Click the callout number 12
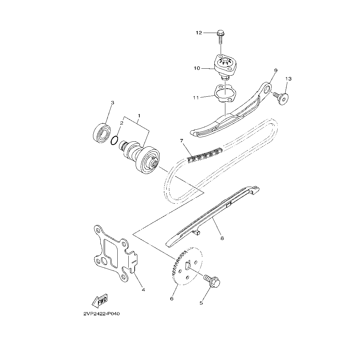pos(199,33)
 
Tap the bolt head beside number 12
pos(220,33)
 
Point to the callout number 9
pos(276,70)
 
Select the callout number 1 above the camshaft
pos(139,115)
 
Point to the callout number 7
pos(182,141)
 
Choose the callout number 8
pos(222,238)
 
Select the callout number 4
pos(143,289)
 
